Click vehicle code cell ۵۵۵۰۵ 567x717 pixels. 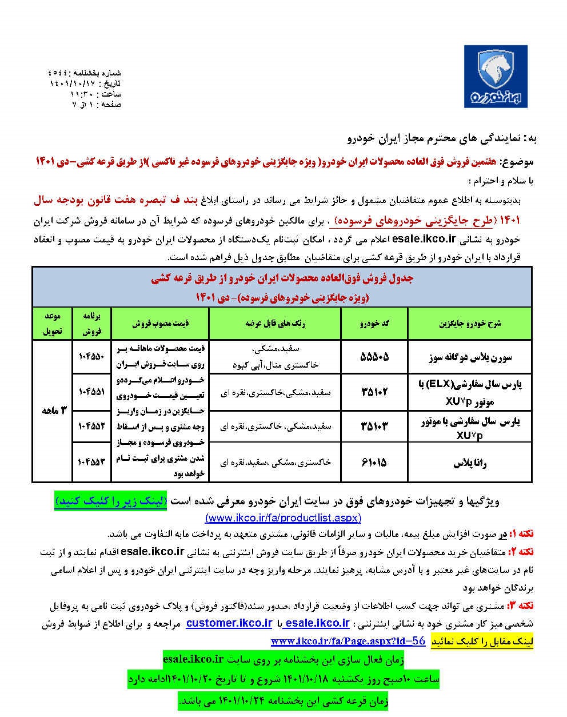tap(375, 357)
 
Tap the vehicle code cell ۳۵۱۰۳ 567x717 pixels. tap(375, 427)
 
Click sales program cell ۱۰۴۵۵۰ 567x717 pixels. tap(92, 357)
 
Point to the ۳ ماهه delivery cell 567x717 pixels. tap(53, 411)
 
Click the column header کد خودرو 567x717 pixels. tap(375, 323)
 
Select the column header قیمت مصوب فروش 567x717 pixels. tap(161, 323)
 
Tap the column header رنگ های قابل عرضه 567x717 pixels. tap(275, 323)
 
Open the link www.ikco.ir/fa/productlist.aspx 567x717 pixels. tap(283, 517)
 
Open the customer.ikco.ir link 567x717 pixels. tap(229, 623)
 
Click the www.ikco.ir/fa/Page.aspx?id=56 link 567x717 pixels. tap(348, 641)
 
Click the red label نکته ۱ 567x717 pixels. tap(521, 534)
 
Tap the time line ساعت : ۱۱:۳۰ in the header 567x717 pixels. tap(95, 94)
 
